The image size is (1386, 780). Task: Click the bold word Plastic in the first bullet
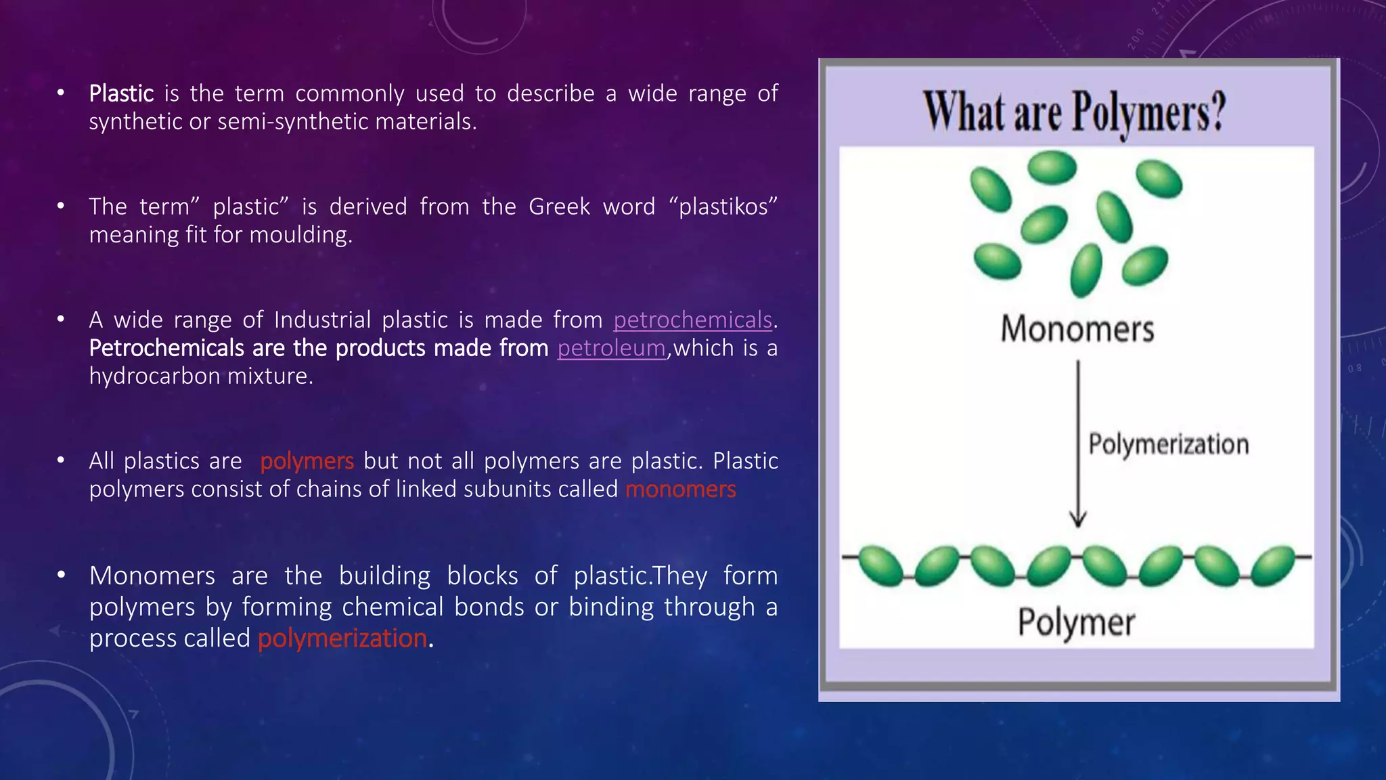coord(121,93)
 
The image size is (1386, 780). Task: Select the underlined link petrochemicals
coord(692,320)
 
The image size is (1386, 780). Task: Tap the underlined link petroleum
coord(611,348)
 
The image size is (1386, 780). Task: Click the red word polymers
coord(307,461)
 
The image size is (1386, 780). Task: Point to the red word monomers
coord(680,489)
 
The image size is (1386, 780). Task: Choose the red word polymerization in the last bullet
coord(342,638)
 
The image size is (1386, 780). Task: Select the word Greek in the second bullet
coord(559,207)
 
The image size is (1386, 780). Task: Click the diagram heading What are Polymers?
coord(1075,112)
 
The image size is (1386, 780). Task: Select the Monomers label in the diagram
coord(1077,329)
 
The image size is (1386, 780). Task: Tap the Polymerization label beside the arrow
coord(1168,444)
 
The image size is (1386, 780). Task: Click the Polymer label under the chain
coord(1076,622)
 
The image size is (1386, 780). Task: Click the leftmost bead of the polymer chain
coord(881,565)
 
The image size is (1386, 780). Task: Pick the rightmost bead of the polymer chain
coord(1273,565)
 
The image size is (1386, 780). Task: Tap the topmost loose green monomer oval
coord(1052,167)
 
